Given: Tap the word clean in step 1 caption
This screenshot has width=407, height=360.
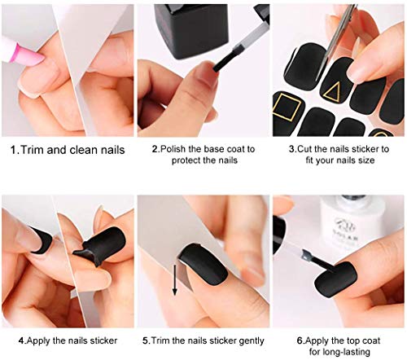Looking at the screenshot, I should point(81,151).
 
